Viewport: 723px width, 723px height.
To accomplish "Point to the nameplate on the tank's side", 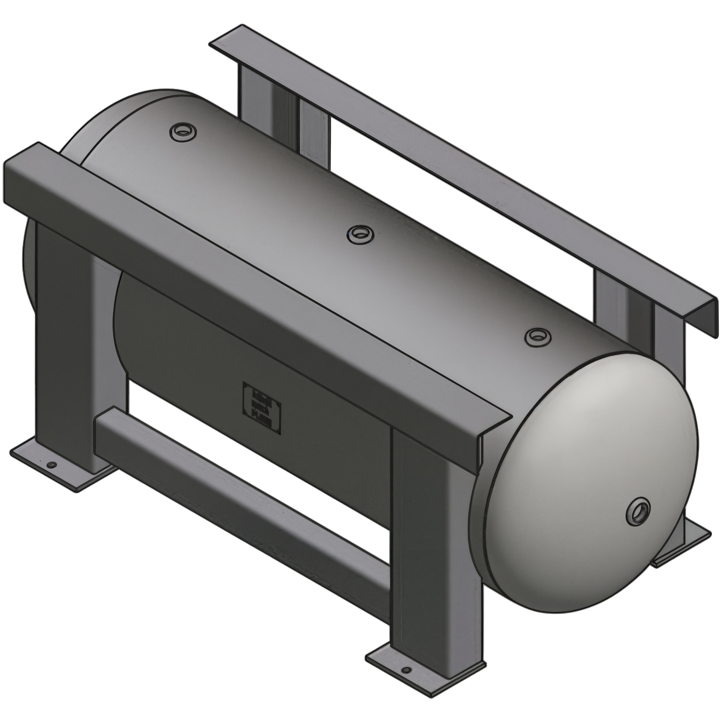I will tap(262, 406).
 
